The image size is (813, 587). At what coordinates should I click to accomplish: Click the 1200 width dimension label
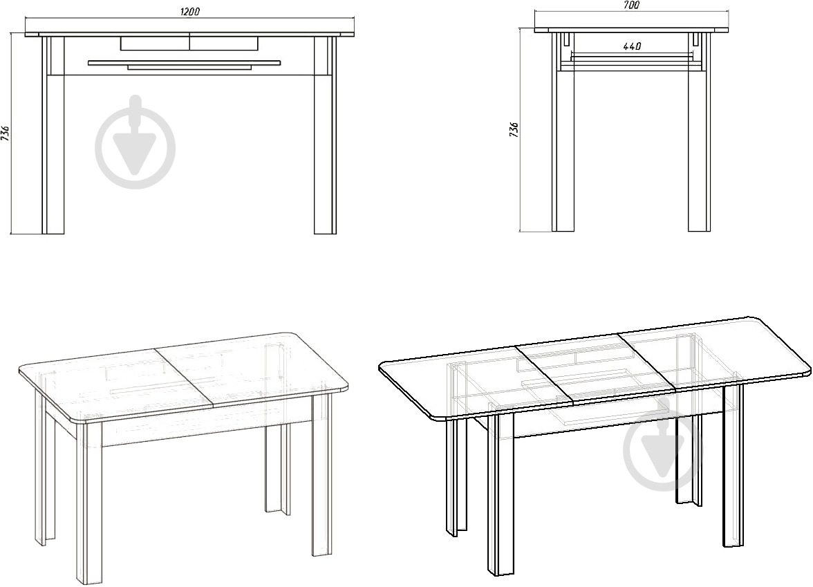coord(189,11)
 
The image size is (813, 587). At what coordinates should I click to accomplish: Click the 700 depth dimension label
coord(631,6)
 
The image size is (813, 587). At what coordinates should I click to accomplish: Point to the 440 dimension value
coord(632,46)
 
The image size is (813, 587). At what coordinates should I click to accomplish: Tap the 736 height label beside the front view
coord(6,133)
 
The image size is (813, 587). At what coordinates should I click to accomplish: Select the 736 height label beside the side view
coord(514,130)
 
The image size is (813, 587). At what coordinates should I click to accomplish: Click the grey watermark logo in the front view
coord(135,142)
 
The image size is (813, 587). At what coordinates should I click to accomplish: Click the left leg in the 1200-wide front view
coord(53,135)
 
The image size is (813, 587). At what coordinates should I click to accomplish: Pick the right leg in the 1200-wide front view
coord(325,135)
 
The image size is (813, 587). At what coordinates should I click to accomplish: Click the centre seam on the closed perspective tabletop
coord(185,378)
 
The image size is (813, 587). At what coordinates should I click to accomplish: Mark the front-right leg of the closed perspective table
coord(322,474)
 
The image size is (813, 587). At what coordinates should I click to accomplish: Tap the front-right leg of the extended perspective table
coord(733,464)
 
